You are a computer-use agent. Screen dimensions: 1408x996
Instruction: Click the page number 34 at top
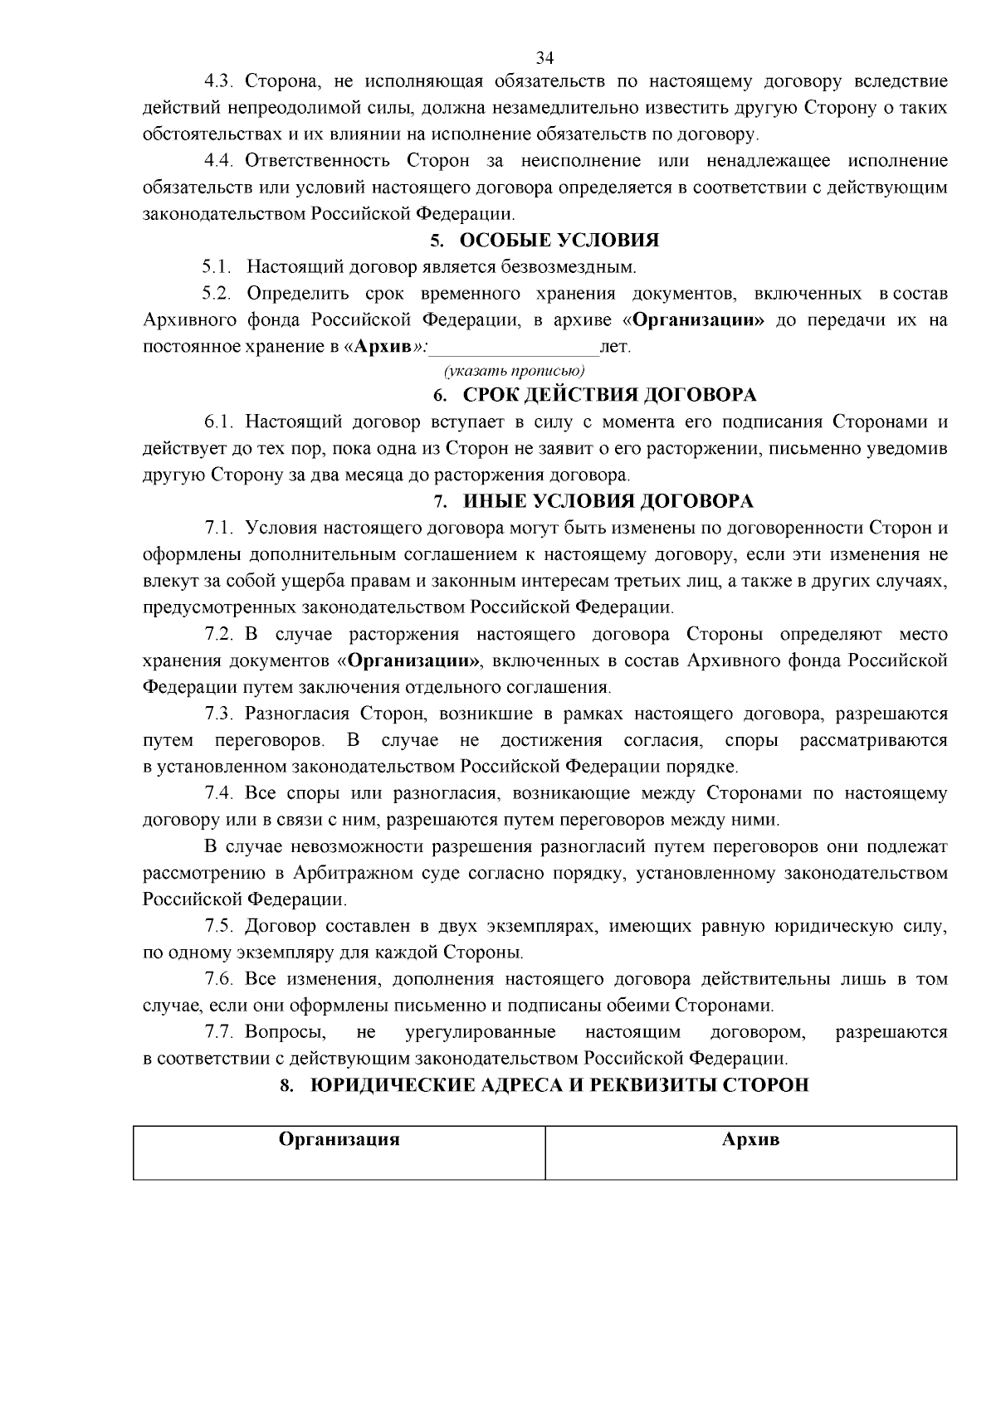click(x=544, y=57)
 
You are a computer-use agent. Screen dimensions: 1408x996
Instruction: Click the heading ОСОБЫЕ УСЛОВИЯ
click(x=559, y=241)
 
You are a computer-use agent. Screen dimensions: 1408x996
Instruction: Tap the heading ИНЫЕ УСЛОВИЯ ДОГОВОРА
click(x=608, y=501)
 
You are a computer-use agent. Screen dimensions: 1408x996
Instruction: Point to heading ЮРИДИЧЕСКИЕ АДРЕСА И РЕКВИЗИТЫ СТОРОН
click(x=559, y=1085)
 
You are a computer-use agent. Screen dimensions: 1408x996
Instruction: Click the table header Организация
click(x=339, y=1139)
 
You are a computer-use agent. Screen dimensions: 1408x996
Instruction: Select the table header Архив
click(x=750, y=1139)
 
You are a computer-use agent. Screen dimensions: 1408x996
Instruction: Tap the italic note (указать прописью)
click(x=515, y=370)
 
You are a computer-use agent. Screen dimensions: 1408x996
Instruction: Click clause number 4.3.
click(x=221, y=81)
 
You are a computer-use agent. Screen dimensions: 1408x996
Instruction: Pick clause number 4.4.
click(x=221, y=161)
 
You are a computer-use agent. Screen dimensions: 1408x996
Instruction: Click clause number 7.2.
click(x=221, y=635)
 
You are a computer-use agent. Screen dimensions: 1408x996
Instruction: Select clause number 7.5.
click(x=221, y=926)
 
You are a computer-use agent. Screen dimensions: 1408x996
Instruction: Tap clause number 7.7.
click(x=221, y=1032)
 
